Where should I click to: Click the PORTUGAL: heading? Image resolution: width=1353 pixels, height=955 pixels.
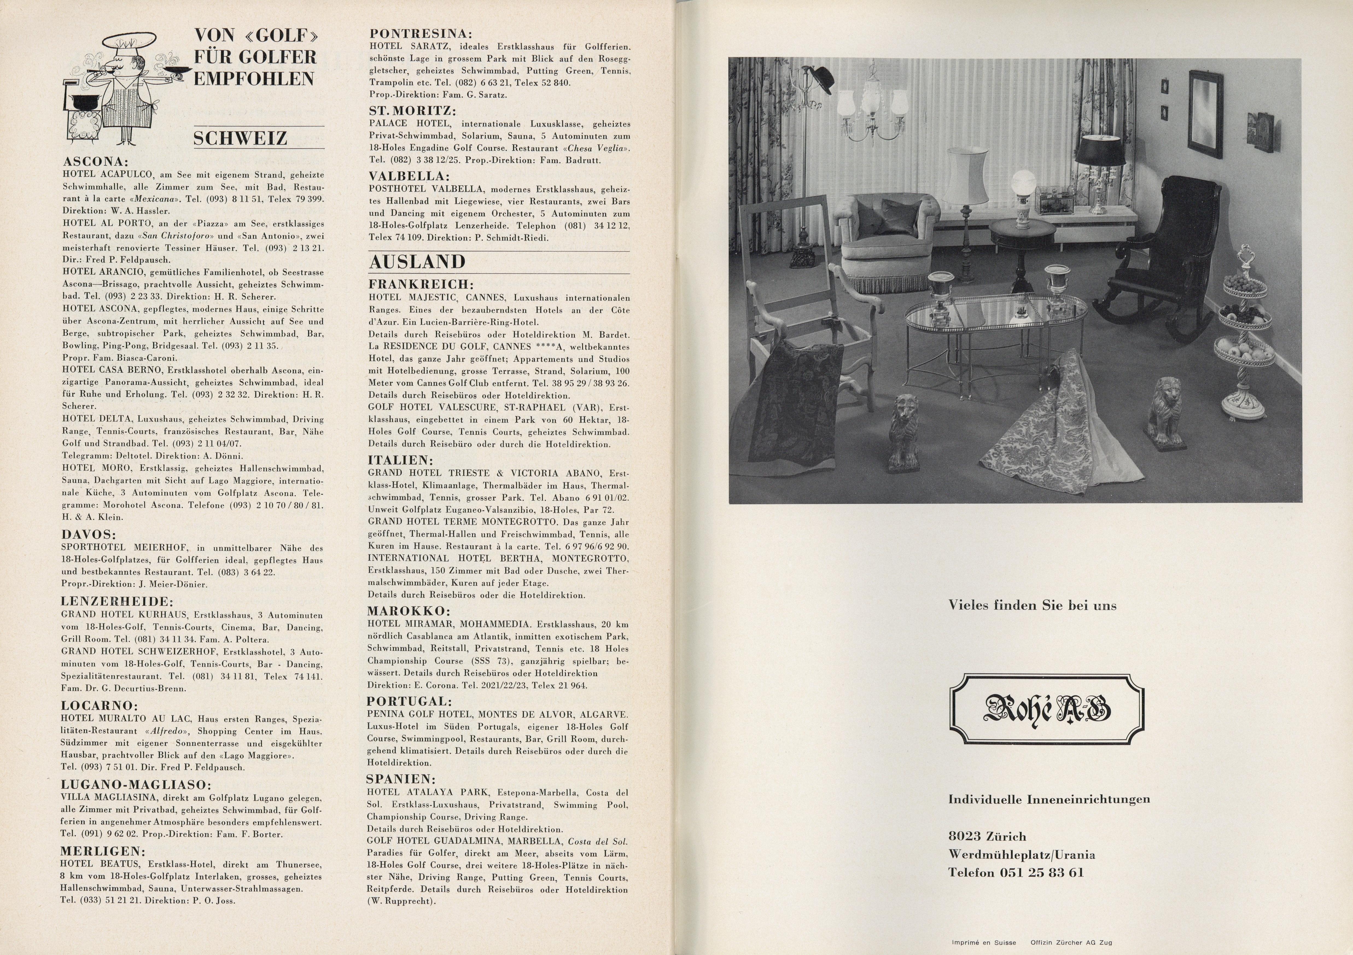tap(410, 701)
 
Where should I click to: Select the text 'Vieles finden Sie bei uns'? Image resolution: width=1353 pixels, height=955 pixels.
tap(1032, 605)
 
